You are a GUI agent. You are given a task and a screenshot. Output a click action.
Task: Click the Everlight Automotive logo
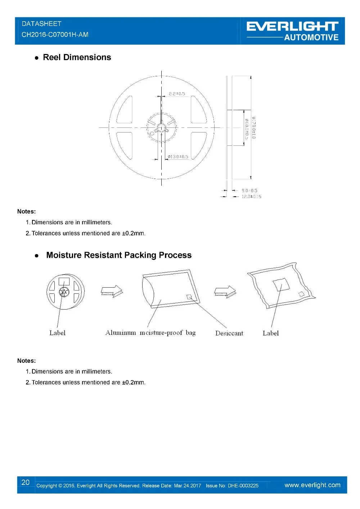point(292,31)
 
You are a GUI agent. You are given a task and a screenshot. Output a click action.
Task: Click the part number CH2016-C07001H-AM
point(55,35)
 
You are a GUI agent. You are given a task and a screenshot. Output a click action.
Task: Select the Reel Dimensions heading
point(77,57)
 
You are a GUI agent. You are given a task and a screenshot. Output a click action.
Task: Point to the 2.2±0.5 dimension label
point(177,94)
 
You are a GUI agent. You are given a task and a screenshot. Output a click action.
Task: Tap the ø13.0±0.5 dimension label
point(178,157)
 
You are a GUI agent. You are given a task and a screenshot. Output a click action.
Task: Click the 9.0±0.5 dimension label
point(249,190)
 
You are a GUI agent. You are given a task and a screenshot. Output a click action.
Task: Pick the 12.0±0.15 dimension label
point(251,197)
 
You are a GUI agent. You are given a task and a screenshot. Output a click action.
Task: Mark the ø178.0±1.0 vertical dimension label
point(253,128)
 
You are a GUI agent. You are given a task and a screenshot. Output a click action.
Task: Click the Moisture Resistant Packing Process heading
point(119,255)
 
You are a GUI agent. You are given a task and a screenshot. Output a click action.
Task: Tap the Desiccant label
point(229,333)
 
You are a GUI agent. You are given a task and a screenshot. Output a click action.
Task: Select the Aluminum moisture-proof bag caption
point(150,333)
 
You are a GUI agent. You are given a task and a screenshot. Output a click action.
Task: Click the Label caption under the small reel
point(57,333)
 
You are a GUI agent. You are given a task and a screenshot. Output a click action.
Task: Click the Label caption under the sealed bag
point(271,333)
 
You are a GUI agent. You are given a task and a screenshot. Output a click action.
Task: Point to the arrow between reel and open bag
point(112,291)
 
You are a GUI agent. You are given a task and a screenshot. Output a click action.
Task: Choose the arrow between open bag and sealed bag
point(225,292)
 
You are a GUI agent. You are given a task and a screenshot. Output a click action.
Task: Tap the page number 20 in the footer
point(26,482)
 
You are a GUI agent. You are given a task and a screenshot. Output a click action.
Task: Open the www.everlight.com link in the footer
point(312,485)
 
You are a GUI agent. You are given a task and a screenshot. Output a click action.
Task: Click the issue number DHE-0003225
point(243,486)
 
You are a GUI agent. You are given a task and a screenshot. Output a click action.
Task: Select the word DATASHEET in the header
point(41,24)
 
